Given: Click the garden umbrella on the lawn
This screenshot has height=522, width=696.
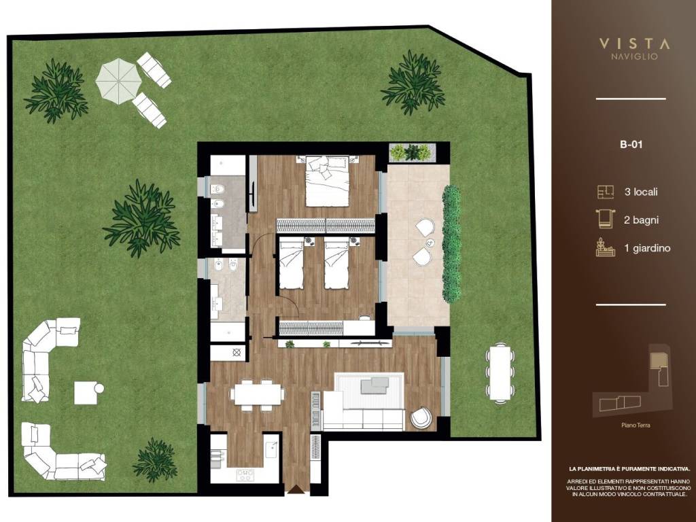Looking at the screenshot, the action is [118, 82].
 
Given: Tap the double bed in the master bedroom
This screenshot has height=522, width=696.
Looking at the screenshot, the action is [327, 181].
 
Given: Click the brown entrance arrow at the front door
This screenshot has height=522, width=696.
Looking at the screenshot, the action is [296, 489].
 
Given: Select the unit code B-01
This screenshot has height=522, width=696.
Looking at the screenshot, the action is [631, 144].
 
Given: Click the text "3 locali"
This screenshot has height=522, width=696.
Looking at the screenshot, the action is [640, 192].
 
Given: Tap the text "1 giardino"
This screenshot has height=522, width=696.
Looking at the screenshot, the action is [647, 248].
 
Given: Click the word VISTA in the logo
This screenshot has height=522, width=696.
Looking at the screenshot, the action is [634, 43].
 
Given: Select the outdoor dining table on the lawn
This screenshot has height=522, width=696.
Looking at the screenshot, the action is [500, 373].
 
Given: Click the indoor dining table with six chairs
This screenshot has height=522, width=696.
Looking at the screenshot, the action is [258, 394].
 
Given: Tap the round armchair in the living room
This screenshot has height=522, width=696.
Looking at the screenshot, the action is [421, 418].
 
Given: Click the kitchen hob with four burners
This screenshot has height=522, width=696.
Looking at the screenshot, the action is [245, 475].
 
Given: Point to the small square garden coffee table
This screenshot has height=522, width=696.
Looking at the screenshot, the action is [86, 393].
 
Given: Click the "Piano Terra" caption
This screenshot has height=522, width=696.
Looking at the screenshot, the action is [636, 425].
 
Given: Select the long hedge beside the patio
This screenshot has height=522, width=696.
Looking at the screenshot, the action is [451, 244].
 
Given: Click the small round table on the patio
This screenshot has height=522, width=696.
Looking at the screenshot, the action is [430, 243].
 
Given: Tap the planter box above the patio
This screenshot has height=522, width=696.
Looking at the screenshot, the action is [412, 152].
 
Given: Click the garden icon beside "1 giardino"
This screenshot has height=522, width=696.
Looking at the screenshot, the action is [606, 247].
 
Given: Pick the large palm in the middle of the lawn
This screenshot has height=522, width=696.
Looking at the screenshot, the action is [141, 218].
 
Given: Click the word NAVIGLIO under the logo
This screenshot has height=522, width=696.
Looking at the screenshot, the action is [634, 57].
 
